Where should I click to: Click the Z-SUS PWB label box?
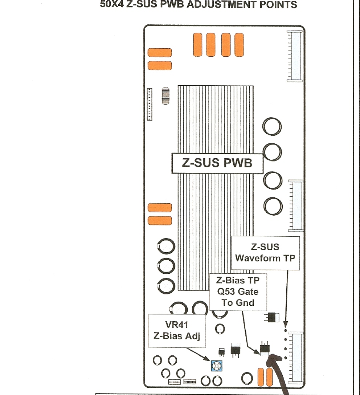click(x=217, y=163)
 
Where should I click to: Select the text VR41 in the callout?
click(x=176, y=325)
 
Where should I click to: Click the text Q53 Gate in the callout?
click(x=238, y=292)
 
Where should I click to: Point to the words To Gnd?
click(x=238, y=302)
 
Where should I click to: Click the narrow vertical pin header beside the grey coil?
click(x=150, y=104)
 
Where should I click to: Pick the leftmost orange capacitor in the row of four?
click(x=197, y=45)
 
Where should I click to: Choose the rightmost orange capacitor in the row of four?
click(x=239, y=45)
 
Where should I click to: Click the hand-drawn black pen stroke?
click(x=279, y=374)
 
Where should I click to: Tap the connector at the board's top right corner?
click(x=295, y=56)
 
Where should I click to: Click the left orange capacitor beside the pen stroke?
click(x=261, y=377)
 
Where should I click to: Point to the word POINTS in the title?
click(x=279, y=5)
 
